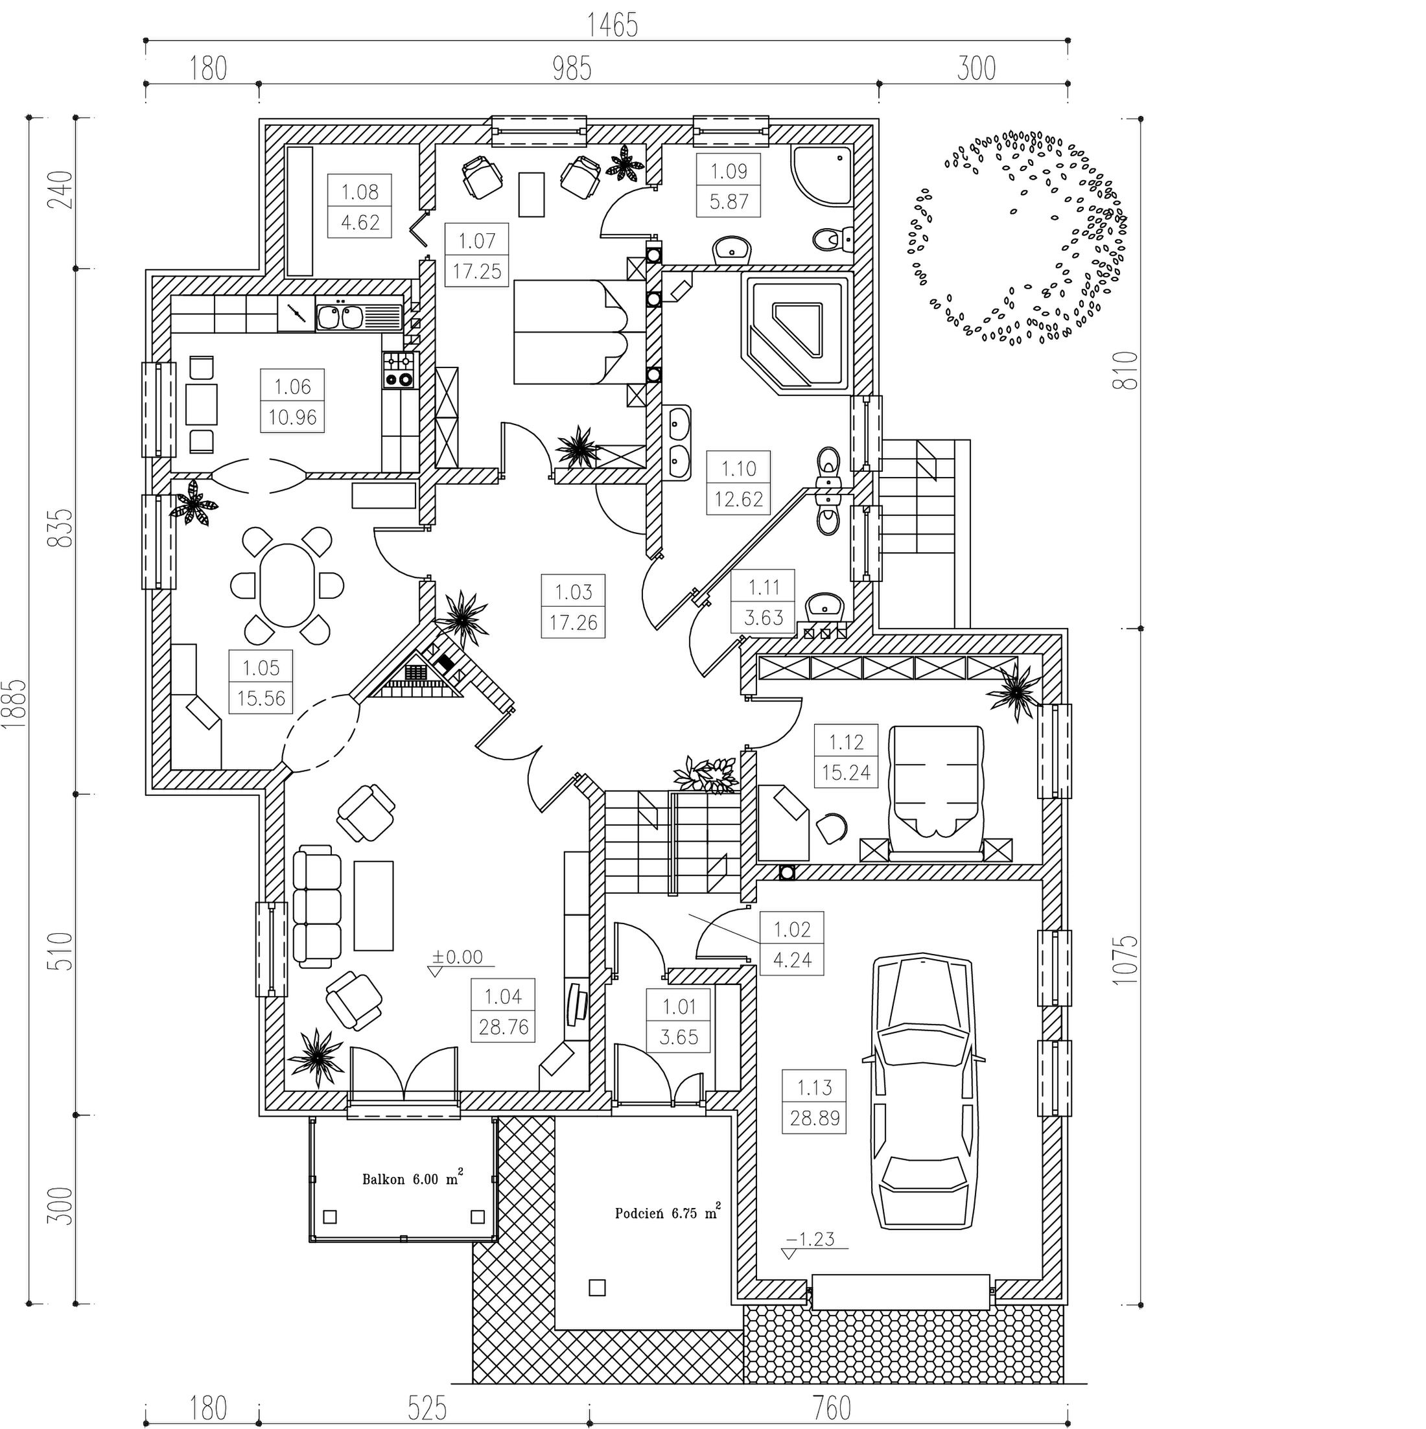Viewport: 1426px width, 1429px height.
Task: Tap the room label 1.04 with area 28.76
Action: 503,1011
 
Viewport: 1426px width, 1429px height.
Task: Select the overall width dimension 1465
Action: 613,26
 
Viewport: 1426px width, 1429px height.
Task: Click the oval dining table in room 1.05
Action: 287,585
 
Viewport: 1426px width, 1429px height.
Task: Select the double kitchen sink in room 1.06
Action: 340,316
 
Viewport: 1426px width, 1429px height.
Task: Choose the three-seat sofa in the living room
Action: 316,909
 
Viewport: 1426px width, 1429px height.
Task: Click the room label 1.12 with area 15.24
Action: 845,757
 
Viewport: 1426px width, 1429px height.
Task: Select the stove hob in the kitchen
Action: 399,371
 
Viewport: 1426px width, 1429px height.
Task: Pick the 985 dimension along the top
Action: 572,69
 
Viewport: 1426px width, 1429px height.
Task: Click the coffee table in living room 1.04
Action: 373,905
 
